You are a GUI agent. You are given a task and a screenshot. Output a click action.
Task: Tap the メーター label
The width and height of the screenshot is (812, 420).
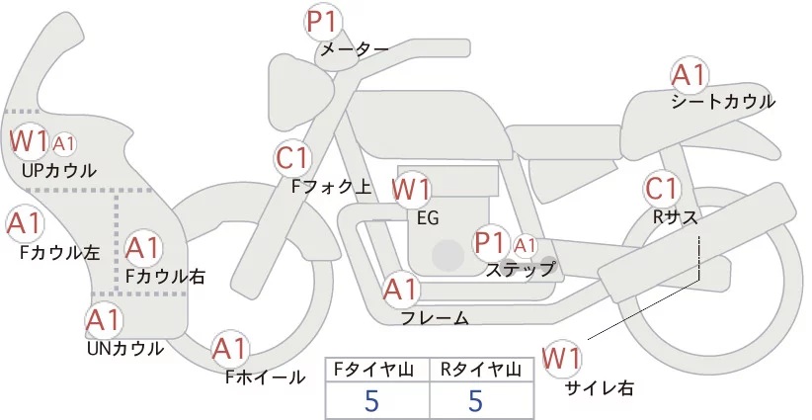click(353, 47)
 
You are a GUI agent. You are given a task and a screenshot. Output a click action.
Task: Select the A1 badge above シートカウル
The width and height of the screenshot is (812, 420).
click(688, 76)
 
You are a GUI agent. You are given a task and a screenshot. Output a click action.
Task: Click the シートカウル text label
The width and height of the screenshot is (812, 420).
click(722, 101)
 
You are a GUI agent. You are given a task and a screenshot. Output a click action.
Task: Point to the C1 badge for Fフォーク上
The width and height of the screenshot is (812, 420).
click(293, 158)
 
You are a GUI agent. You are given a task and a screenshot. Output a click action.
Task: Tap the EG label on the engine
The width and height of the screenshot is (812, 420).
click(428, 217)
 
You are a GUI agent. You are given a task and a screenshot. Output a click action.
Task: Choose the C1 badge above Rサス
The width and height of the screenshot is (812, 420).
click(660, 190)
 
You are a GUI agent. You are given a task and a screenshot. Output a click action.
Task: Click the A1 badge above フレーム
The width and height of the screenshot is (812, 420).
click(400, 291)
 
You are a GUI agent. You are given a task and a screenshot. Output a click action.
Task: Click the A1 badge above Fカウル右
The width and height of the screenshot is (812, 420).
click(143, 247)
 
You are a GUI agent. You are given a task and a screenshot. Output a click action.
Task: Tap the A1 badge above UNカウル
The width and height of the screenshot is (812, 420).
click(103, 321)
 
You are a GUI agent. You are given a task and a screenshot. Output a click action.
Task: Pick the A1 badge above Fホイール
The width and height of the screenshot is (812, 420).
click(231, 349)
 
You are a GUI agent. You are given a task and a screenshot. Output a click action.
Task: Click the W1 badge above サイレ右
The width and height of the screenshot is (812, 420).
click(563, 358)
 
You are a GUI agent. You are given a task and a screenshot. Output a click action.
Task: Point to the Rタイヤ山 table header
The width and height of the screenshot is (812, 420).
click(482, 370)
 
